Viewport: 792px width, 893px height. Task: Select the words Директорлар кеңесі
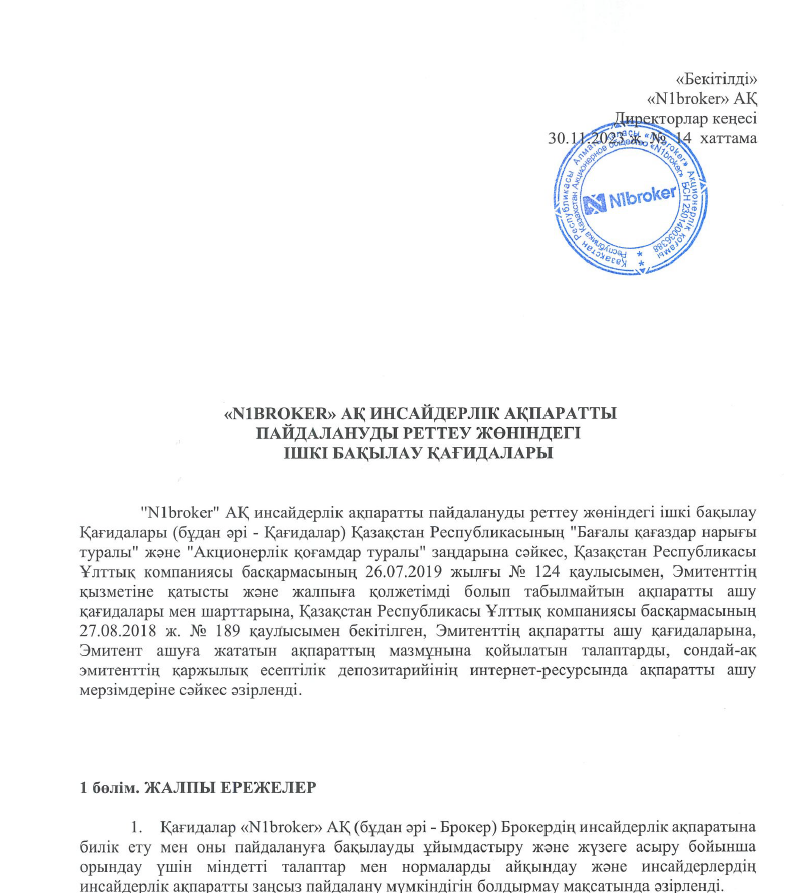[x=685, y=117]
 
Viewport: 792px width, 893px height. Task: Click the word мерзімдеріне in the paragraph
[x=125, y=680]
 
